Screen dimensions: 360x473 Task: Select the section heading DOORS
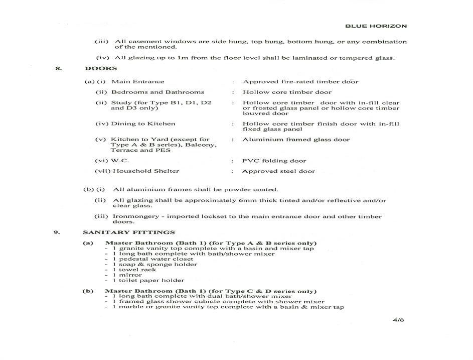[x=101, y=68]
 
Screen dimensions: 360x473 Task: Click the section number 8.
[x=58, y=68]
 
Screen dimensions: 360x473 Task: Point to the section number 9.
[x=58, y=232]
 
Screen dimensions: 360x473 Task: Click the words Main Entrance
[x=137, y=81]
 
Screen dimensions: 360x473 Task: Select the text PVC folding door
[x=274, y=161]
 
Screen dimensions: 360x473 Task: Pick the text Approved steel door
[x=278, y=171]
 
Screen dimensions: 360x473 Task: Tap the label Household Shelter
[x=145, y=171]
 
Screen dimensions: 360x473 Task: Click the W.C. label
[x=120, y=161]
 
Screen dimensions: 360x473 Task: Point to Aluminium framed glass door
[x=296, y=140]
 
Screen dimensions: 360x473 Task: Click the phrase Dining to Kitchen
[x=143, y=124]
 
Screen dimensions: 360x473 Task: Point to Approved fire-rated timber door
[x=300, y=81]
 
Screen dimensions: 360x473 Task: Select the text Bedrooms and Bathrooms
[x=157, y=92]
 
